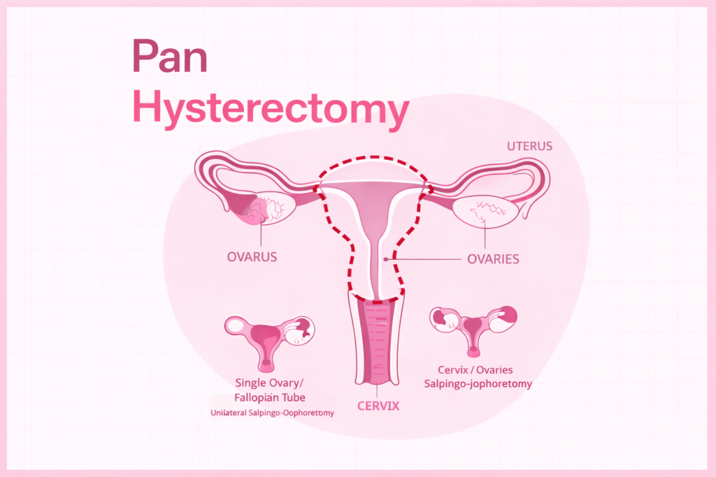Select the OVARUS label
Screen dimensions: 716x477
click(x=252, y=256)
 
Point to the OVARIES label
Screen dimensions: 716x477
click(x=493, y=259)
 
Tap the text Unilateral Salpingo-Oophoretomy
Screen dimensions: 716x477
click(x=272, y=413)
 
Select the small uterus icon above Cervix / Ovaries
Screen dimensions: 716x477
click(x=473, y=328)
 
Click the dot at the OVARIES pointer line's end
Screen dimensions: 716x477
click(x=385, y=259)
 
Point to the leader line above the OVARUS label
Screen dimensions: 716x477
click(x=262, y=234)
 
